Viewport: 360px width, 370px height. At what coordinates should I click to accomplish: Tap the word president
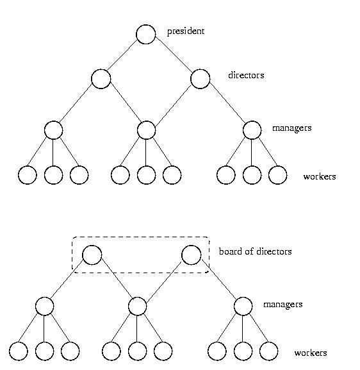(x=186, y=31)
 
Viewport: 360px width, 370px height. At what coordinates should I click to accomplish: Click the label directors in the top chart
(x=246, y=75)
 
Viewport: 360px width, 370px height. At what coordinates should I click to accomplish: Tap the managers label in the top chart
(x=291, y=128)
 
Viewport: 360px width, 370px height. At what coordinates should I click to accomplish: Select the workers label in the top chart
(x=320, y=176)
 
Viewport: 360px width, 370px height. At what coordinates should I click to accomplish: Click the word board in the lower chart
(x=231, y=251)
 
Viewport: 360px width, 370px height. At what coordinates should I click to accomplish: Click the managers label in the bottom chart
(x=282, y=305)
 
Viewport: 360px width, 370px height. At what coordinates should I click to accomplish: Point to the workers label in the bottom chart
(x=311, y=353)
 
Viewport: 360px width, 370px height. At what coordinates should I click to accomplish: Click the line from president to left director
(x=122, y=56)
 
